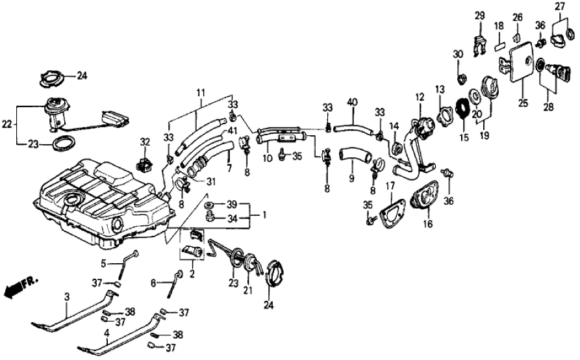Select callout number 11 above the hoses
(x=201, y=93)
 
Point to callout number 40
(x=353, y=103)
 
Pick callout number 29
(x=479, y=15)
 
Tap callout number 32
(x=145, y=142)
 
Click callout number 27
(x=559, y=6)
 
